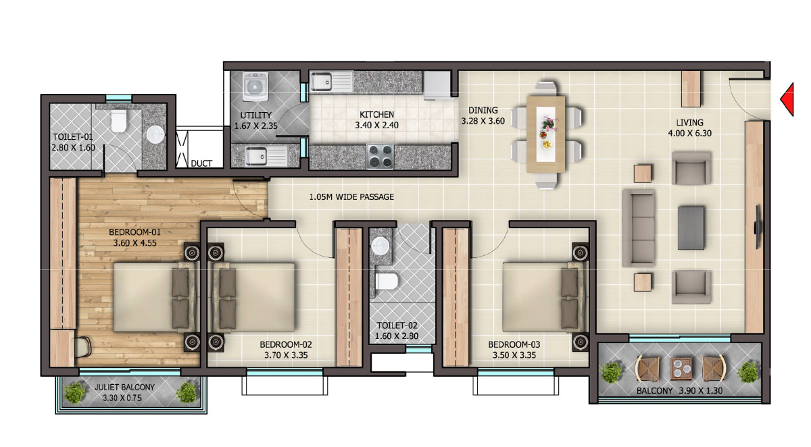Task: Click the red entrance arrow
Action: click(788, 99)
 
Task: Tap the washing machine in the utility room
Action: click(255, 86)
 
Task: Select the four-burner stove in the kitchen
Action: click(380, 157)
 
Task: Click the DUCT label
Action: click(201, 163)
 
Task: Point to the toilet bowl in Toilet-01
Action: click(118, 120)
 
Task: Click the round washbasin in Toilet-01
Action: click(156, 134)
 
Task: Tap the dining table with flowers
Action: click(545, 134)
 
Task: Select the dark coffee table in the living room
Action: click(691, 228)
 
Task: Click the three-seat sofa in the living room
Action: click(639, 228)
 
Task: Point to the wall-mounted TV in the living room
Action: click(758, 226)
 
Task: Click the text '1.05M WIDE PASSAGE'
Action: click(351, 197)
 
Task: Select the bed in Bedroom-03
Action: click(542, 297)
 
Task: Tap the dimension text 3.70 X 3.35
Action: click(286, 355)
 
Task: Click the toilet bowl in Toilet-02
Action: click(387, 281)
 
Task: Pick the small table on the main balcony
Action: click(681, 369)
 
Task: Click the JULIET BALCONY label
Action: click(124, 388)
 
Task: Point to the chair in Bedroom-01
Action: click(82, 347)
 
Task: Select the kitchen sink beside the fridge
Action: click(331, 82)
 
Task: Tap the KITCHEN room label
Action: click(376, 115)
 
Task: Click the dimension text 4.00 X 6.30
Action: click(690, 134)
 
